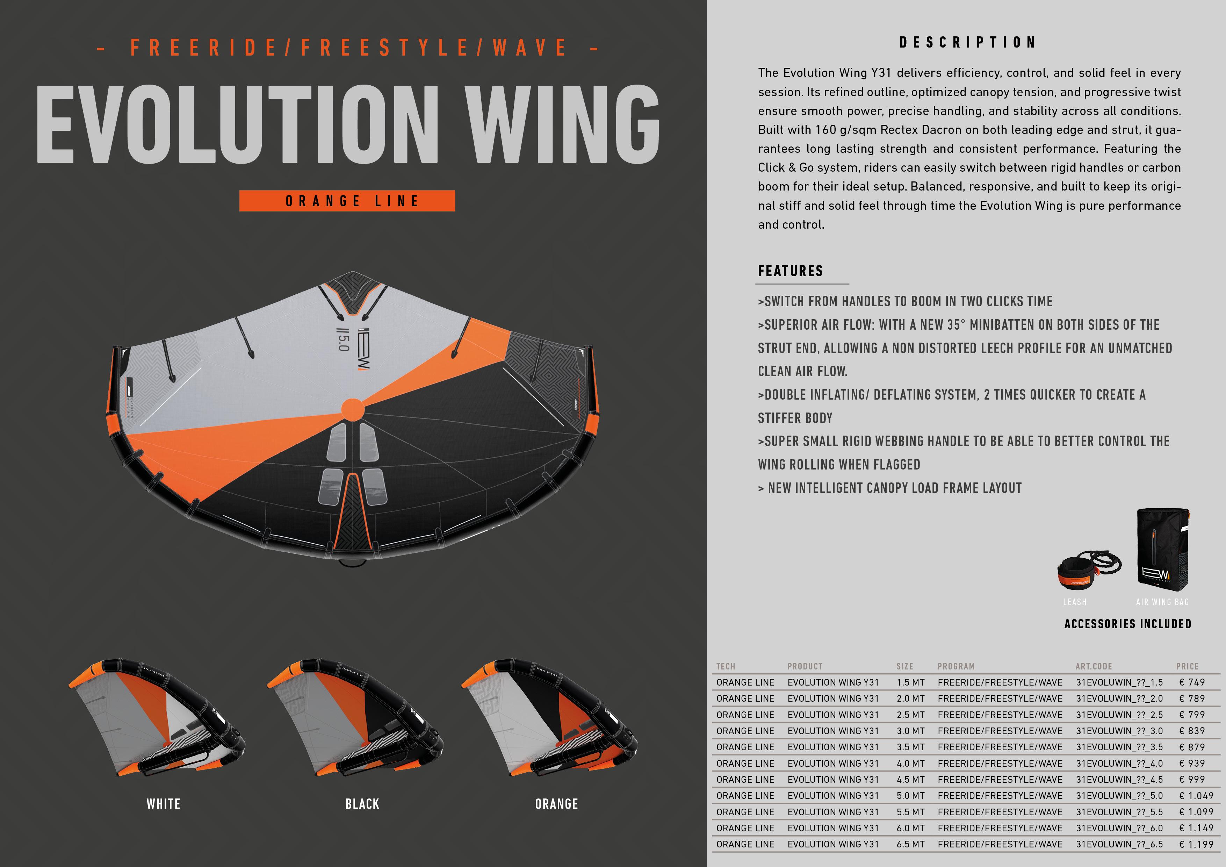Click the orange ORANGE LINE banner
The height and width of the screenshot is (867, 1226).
(x=347, y=201)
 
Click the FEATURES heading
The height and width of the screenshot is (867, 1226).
(x=790, y=271)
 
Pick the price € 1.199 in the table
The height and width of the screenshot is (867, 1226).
(x=1196, y=844)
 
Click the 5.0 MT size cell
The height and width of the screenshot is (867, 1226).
(x=910, y=795)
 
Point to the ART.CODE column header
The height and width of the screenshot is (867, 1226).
(x=1093, y=666)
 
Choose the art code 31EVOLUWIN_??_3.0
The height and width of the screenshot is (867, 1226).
(x=1119, y=731)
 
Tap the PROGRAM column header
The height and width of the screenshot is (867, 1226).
(x=956, y=666)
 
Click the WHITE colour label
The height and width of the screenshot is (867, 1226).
(x=164, y=804)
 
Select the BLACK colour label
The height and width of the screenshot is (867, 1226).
(x=362, y=804)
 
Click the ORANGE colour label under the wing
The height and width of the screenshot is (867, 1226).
(x=556, y=804)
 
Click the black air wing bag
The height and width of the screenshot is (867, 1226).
(x=1162, y=550)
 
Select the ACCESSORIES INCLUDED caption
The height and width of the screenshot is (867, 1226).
(x=1128, y=624)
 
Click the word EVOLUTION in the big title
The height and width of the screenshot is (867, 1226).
(x=238, y=124)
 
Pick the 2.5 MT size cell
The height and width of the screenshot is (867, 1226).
(x=910, y=715)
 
